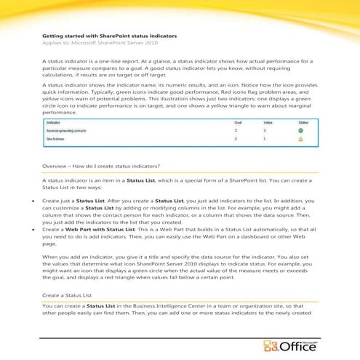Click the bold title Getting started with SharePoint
point(109,35)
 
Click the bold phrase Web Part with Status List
point(97,228)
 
